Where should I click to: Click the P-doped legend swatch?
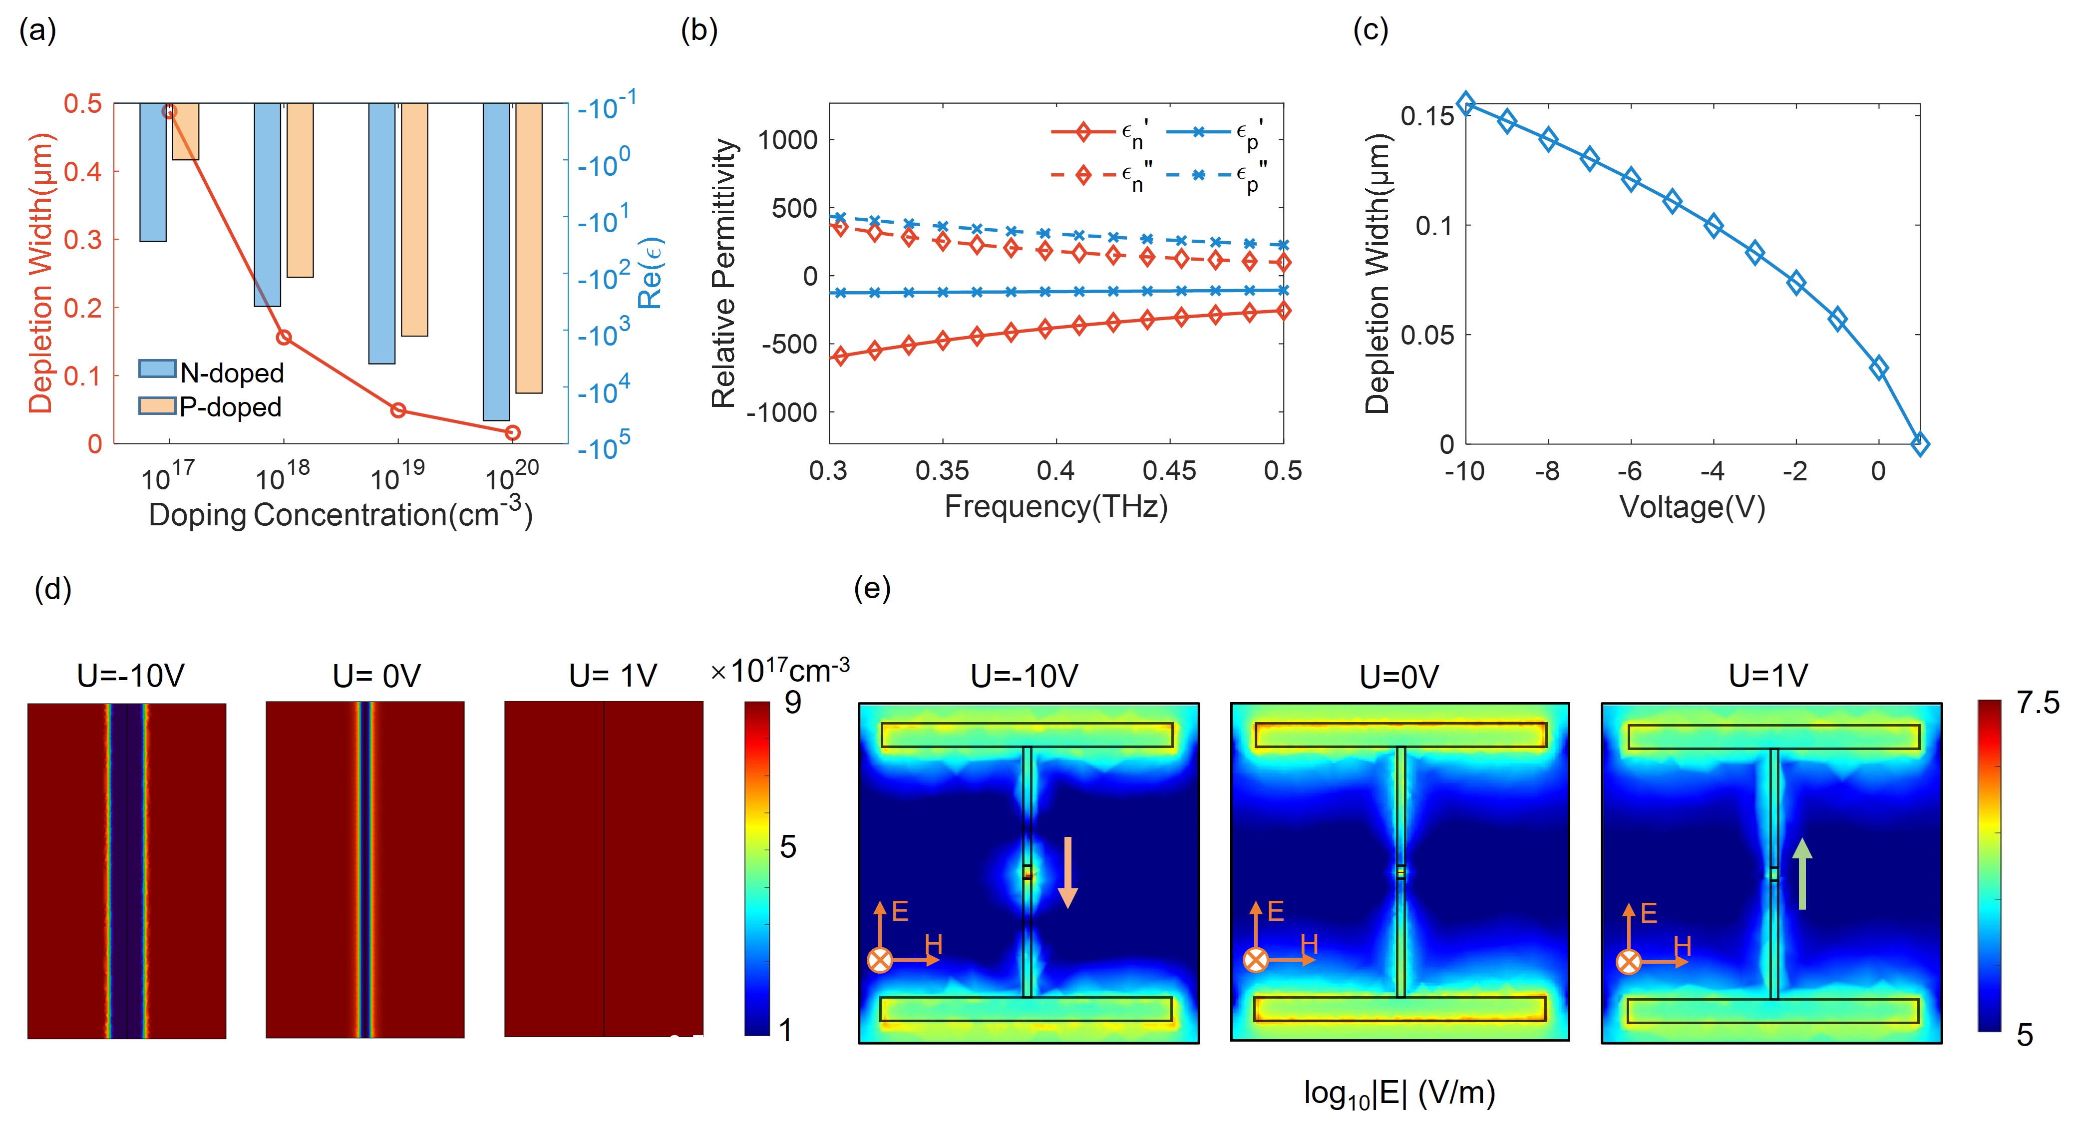click(x=157, y=405)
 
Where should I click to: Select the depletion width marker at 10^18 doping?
click(x=284, y=338)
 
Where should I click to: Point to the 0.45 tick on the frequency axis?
click(x=1169, y=470)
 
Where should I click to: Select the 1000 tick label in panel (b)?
click(x=787, y=140)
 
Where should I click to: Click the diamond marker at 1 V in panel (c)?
click(x=1921, y=444)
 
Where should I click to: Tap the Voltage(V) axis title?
click(x=1693, y=507)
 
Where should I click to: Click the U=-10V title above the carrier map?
click(x=131, y=675)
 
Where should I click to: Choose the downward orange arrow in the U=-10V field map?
click(x=1067, y=872)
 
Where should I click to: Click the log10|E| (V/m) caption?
click(x=1399, y=1093)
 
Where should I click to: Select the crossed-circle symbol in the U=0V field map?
click(x=1255, y=960)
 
